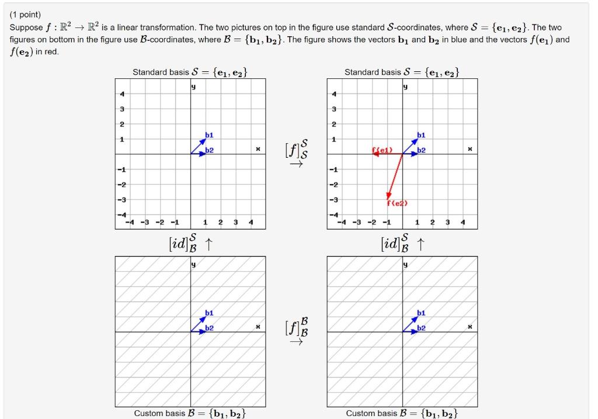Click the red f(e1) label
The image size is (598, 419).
[x=381, y=150]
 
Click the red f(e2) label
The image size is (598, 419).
[x=398, y=203]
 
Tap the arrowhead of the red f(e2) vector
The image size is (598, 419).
[x=388, y=196]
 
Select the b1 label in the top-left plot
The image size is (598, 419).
[x=209, y=136]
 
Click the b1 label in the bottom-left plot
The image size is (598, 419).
[x=209, y=313]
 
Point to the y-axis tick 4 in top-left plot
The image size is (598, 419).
[x=122, y=94]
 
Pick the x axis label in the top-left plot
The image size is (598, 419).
[x=258, y=149]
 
